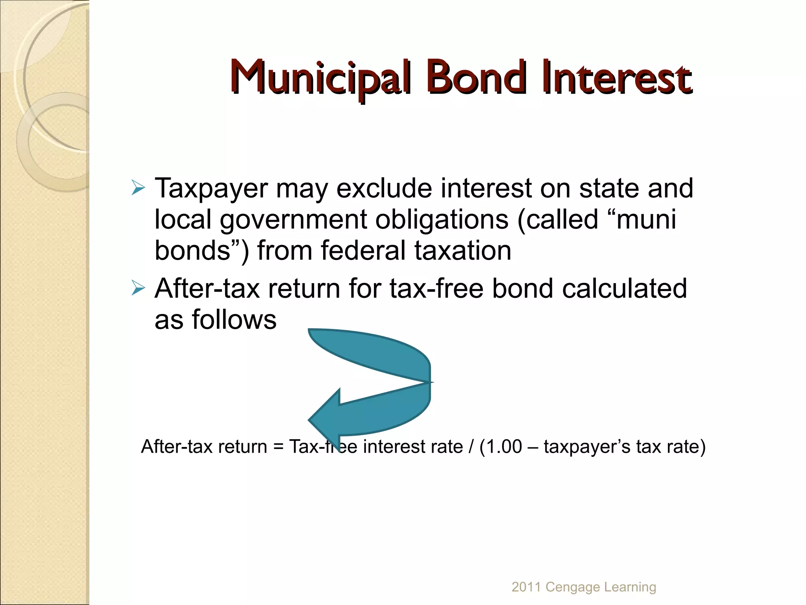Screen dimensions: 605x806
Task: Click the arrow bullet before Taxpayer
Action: [138, 188]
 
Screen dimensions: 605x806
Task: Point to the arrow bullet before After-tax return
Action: [138, 288]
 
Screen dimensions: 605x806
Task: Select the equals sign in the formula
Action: [278, 447]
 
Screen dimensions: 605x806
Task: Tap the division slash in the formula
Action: [471, 447]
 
